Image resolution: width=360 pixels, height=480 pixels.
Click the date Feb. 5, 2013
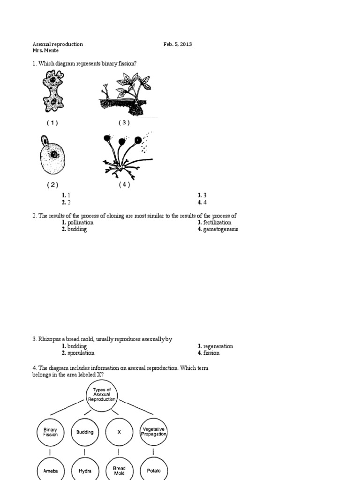(177, 44)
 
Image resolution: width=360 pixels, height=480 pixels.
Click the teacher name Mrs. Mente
(45, 51)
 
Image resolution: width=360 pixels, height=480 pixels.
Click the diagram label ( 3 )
(124, 123)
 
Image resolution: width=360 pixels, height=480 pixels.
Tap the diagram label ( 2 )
(52, 185)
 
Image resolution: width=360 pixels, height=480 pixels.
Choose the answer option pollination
(80, 223)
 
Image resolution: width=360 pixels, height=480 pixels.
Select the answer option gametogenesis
(220, 230)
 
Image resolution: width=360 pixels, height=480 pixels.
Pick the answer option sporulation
(81, 353)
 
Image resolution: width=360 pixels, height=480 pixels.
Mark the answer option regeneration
(218, 346)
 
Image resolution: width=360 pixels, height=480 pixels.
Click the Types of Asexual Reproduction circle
(102, 395)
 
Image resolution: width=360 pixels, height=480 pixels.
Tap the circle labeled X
(119, 432)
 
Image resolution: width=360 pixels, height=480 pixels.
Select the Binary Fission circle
(50, 432)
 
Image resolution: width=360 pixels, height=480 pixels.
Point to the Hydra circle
(85, 470)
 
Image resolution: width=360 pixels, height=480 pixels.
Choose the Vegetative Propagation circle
(154, 432)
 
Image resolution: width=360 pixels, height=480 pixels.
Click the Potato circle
(154, 470)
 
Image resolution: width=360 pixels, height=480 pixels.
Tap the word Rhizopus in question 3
(48, 339)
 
